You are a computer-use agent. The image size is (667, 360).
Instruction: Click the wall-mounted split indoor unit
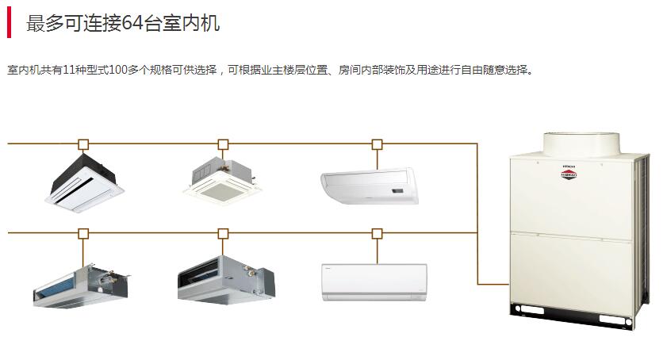374,281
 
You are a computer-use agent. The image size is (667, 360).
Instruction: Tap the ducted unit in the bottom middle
225,278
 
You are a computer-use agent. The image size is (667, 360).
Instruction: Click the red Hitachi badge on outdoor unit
568,175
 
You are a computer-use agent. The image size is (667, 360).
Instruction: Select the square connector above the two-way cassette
83,144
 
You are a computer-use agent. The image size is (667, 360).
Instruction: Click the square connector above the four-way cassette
223,144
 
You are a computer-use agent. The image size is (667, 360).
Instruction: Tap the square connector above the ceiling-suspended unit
377,144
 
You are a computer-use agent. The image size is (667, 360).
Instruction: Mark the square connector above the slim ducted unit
83,233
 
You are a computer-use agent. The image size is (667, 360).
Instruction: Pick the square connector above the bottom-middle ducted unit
223,233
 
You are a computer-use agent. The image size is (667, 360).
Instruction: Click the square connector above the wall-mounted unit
377,233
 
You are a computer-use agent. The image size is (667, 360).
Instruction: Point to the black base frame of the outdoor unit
572,316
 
